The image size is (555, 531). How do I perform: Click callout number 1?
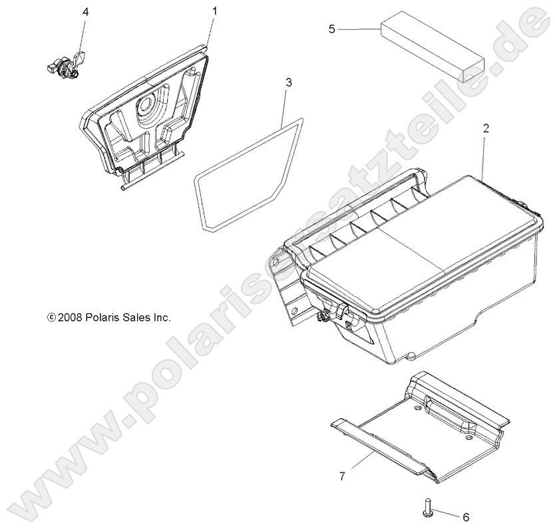(214, 11)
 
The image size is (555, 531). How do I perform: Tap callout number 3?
(288, 83)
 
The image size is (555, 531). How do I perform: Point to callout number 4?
(85, 12)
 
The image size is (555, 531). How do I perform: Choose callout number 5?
(332, 29)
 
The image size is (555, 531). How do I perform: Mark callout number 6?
(465, 517)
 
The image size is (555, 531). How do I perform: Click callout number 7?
(341, 476)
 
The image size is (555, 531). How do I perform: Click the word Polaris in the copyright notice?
(102, 318)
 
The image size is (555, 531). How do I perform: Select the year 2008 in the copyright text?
(69, 318)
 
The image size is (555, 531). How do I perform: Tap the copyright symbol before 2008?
(51, 318)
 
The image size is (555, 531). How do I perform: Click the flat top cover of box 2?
(426, 246)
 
